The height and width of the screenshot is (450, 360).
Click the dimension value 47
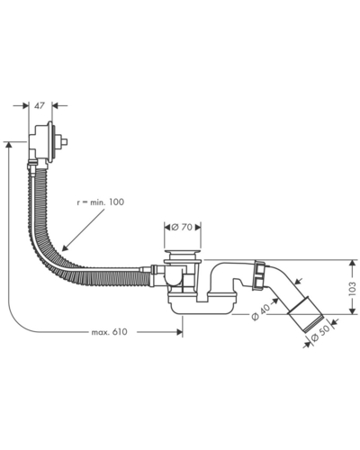point(40,106)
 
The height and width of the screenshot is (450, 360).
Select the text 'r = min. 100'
point(100,202)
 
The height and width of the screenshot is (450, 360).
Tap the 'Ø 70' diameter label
point(182,227)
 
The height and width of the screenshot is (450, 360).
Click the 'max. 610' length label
point(109,332)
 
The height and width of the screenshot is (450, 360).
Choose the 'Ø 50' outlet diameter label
point(320,334)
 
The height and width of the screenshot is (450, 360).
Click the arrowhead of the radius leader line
point(64,248)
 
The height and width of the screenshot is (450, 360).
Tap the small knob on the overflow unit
point(64,141)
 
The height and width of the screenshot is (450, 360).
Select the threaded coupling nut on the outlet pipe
point(258,275)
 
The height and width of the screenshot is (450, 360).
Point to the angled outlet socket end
point(305,314)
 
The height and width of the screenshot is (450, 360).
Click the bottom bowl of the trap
point(201,306)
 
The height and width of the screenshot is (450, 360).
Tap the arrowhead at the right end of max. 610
point(180,332)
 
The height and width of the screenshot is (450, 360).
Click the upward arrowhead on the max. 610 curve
point(8,145)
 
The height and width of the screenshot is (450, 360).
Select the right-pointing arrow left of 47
point(25,105)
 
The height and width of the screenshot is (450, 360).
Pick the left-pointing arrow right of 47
point(55,105)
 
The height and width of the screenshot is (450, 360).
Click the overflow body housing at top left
point(42,142)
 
